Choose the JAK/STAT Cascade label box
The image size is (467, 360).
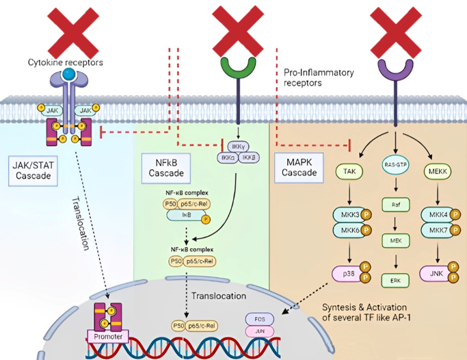(x=34, y=170)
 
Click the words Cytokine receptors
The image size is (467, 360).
(x=66, y=62)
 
